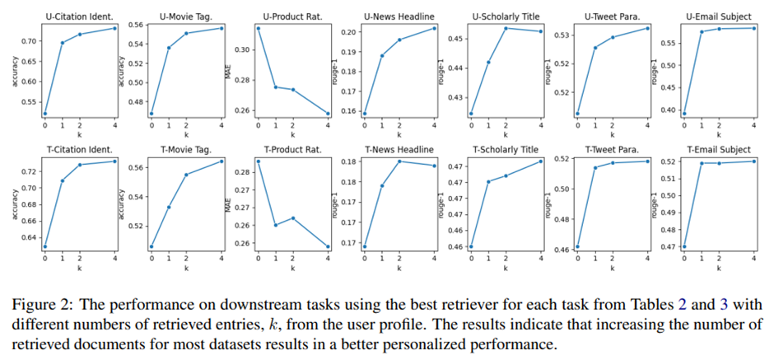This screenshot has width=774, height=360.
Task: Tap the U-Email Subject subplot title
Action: (716, 16)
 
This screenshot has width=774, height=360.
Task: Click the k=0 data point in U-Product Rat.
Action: (259, 28)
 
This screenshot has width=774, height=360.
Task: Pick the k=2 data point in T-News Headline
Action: (399, 161)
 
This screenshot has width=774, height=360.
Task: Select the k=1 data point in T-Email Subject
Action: (701, 163)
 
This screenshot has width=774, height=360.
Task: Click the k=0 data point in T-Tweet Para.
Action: (578, 246)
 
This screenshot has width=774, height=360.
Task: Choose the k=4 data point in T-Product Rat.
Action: (328, 246)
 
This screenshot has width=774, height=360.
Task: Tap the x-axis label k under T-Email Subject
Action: (718, 268)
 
